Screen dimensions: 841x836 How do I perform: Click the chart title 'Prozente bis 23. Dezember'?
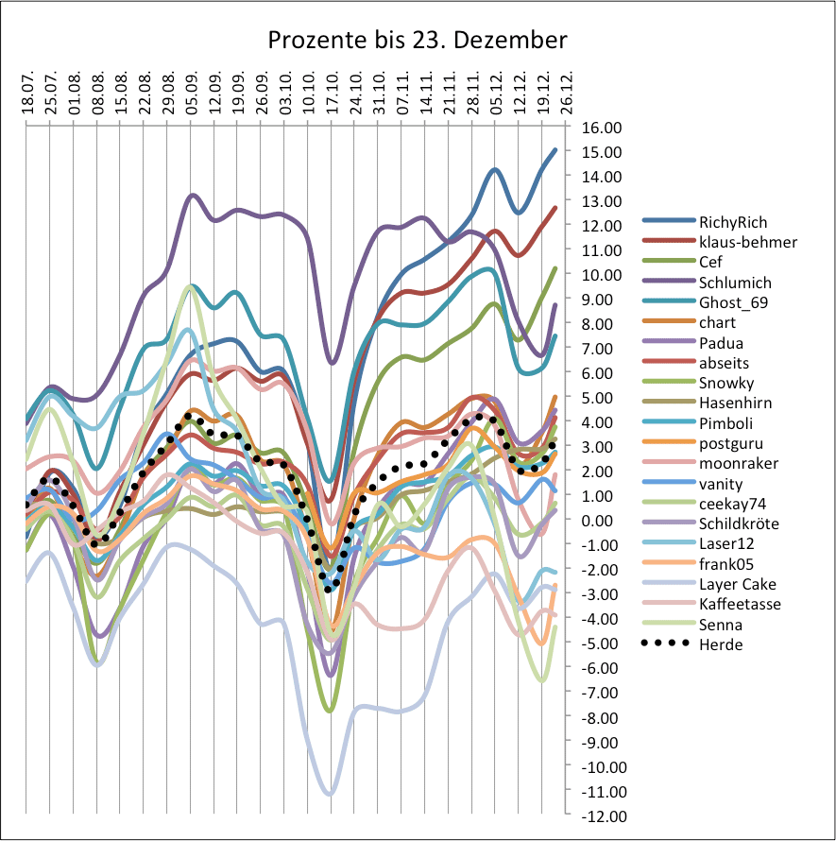click(418, 41)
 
